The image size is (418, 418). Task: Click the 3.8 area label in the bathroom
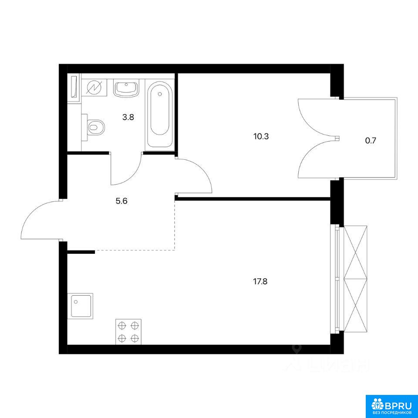(128, 117)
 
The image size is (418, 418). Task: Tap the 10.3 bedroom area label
(261, 137)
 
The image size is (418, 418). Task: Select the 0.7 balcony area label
(370, 141)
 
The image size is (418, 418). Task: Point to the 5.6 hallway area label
(121, 201)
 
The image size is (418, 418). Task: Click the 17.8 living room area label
(260, 282)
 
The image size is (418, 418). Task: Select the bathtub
(159, 115)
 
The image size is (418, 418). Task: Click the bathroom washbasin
(126, 89)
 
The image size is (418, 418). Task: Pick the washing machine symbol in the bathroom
(94, 88)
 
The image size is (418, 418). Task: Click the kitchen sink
(80, 306)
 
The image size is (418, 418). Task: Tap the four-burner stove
(128, 332)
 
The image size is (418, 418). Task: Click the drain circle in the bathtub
(160, 94)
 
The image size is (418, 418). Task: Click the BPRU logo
(391, 403)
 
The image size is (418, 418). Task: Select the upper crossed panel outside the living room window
(355, 252)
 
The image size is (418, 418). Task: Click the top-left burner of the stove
(122, 325)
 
